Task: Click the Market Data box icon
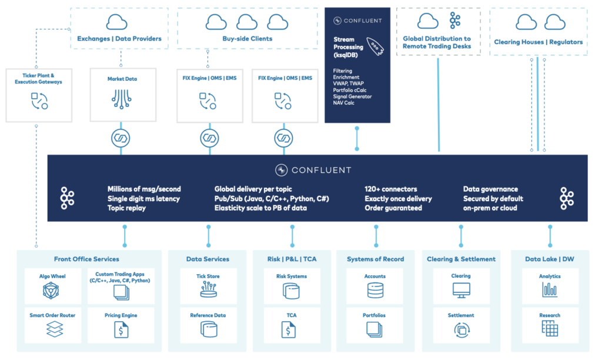click(x=121, y=99)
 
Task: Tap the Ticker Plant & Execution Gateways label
click(x=38, y=78)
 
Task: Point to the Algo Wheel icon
click(x=52, y=291)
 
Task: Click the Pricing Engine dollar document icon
click(x=121, y=330)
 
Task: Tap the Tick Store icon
click(x=208, y=289)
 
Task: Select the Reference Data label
click(x=208, y=315)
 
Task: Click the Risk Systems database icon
click(x=291, y=291)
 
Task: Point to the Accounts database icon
click(x=374, y=290)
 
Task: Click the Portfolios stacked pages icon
click(x=374, y=330)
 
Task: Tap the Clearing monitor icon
click(x=460, y=290)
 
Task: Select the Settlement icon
click(x=460, y=330)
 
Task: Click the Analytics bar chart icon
click(x=550, y=289)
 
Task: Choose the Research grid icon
click(x=550, y=329)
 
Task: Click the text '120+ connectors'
click(x=390, y=189)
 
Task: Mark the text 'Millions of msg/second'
click(x=144, y=189)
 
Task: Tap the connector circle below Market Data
click(x=121, y=139)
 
